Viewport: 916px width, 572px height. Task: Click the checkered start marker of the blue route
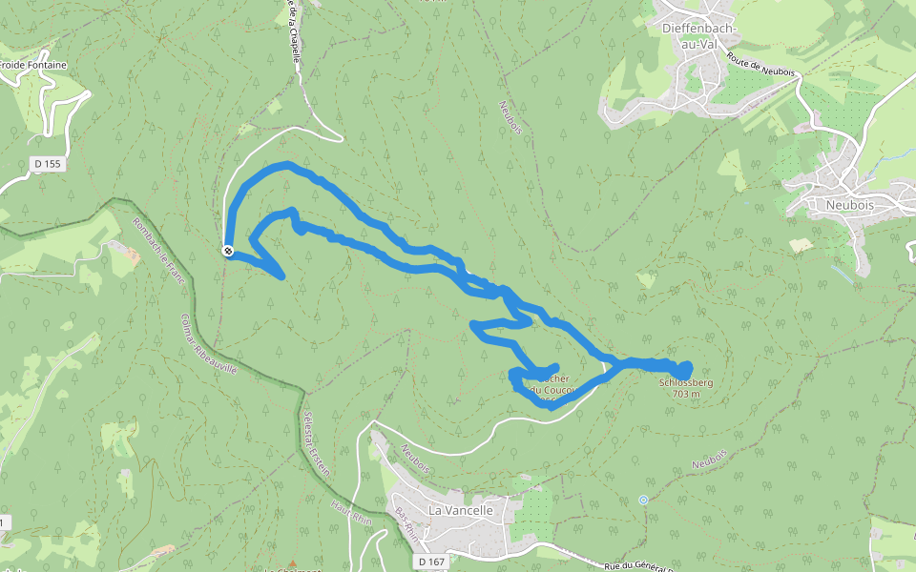tap(228, 251)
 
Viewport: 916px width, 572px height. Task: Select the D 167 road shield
tap(431, 562)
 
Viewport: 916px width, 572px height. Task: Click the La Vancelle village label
tap(460, 510)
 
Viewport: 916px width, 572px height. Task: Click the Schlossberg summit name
tap(686, 383)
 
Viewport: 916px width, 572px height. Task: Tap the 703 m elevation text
tap(687, 394)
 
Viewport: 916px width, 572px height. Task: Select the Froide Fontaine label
tap(33, 65)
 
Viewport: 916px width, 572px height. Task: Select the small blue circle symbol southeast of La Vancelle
tap(643, 499)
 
